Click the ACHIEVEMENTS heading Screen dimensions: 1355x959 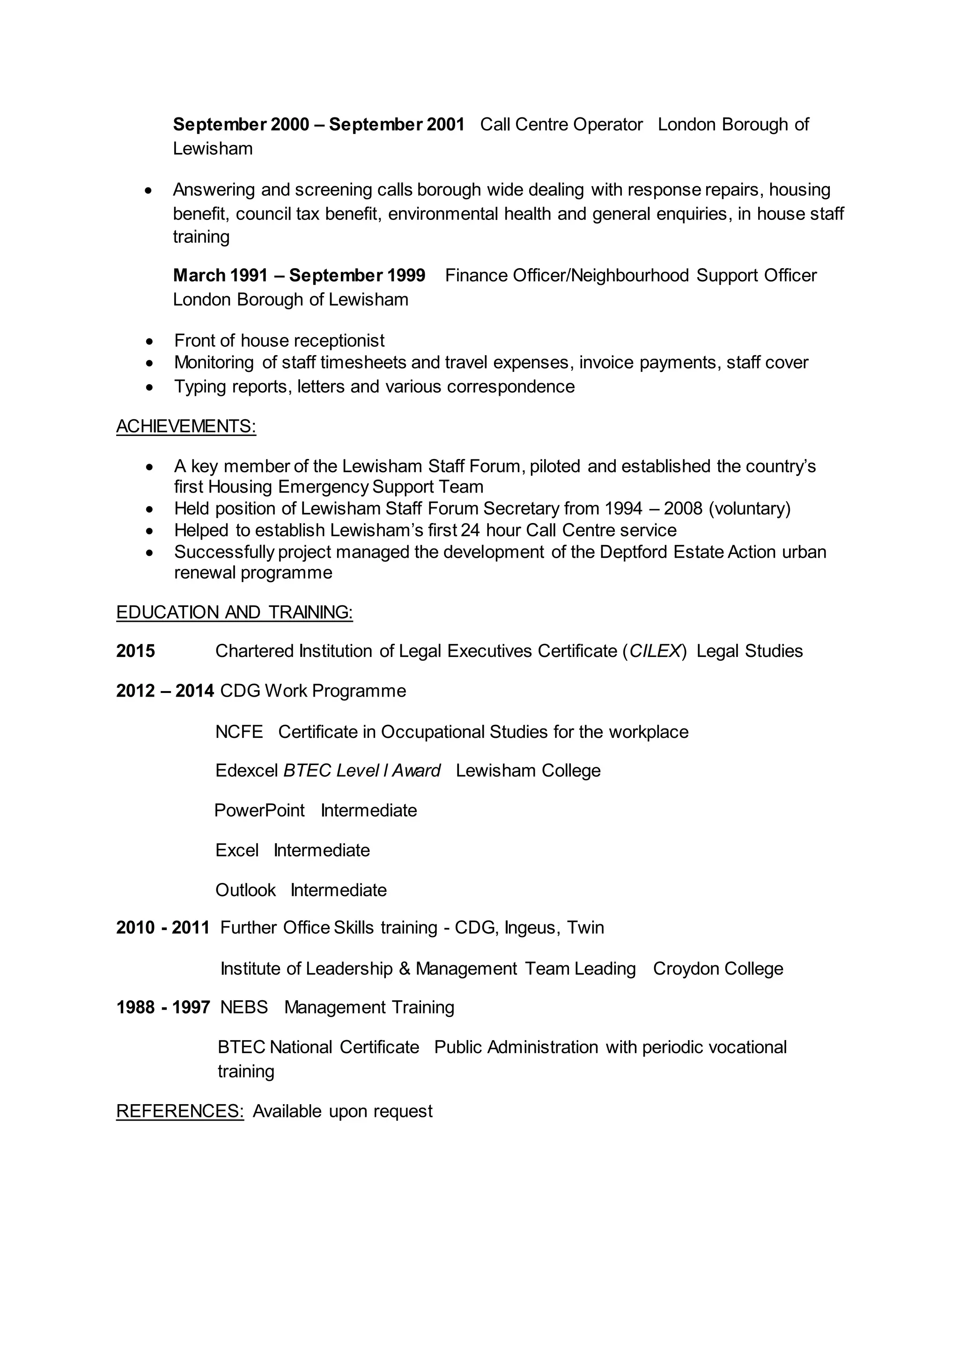pos(186,426)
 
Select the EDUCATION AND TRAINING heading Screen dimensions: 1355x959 pos(235,612)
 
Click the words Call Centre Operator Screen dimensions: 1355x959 pos(561,124)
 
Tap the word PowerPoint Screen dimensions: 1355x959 pos(259,810)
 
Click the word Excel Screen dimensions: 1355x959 pos(237,851)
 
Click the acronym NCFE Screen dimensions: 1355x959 pos(238,732)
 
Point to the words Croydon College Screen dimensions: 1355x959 pos(717,969)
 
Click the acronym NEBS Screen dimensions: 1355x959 pos(244,1007)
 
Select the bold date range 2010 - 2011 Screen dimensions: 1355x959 pos(163,928)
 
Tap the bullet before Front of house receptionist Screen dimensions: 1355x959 pos(150,342)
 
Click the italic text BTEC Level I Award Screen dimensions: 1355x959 pos(361,771)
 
